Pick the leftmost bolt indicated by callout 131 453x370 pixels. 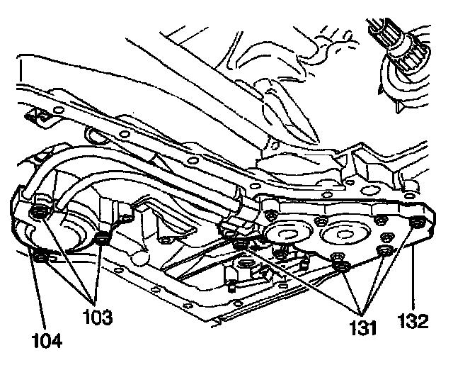pos(241,245)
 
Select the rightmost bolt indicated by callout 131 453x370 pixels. pos(385,252)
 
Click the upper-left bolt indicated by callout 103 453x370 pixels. pos(39,212)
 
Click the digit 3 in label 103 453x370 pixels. pos(109,317)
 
